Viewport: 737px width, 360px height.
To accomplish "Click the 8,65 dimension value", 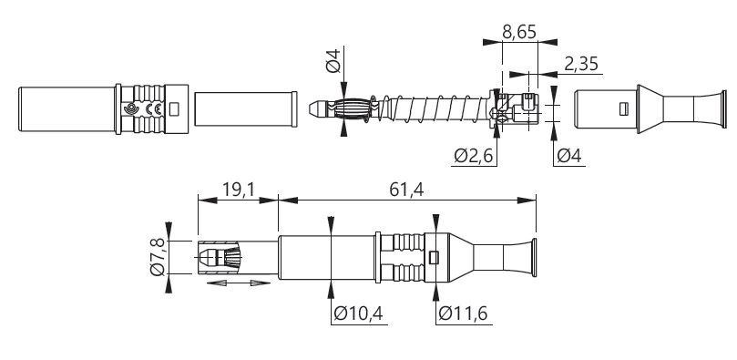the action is click(x=519, y=32).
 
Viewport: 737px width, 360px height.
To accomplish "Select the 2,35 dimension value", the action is click(x=581, y=64).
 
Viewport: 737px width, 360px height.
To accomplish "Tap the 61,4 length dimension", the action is click(x=406, y=190).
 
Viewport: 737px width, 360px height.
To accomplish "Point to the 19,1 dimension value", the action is click(x=239, y=190).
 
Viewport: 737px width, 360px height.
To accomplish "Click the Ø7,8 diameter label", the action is click(x=158, y=257).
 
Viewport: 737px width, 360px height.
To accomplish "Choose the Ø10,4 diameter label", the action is click(x=358, y=313).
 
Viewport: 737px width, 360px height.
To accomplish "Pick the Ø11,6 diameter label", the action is click(x=463, y=313).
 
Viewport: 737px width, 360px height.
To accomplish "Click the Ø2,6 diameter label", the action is click(x=474, y=156).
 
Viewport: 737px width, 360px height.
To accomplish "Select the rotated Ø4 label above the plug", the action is click(x=333, y=61).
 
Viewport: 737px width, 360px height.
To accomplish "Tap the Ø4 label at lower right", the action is click(x=569, y=156).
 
